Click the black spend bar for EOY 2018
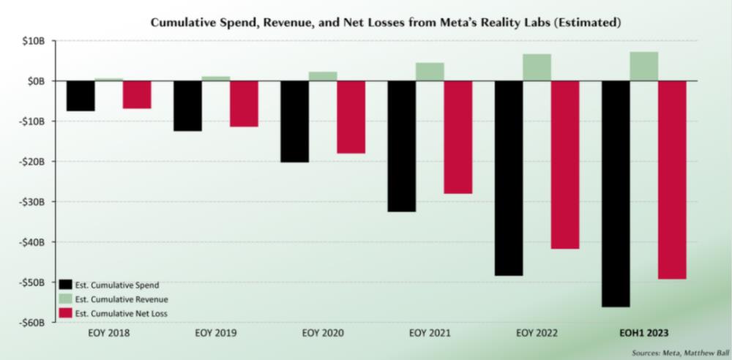81,96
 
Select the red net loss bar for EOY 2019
244,104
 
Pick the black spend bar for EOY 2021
402,146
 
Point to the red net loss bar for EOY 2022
565,165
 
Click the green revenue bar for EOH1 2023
643,67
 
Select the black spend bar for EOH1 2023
616,193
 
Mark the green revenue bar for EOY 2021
430,72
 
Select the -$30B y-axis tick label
33,202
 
